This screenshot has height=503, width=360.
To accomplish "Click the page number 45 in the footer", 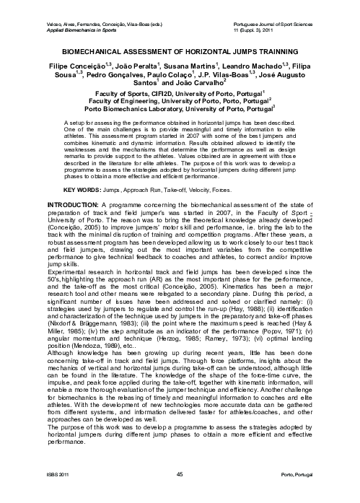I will coord(179,474).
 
